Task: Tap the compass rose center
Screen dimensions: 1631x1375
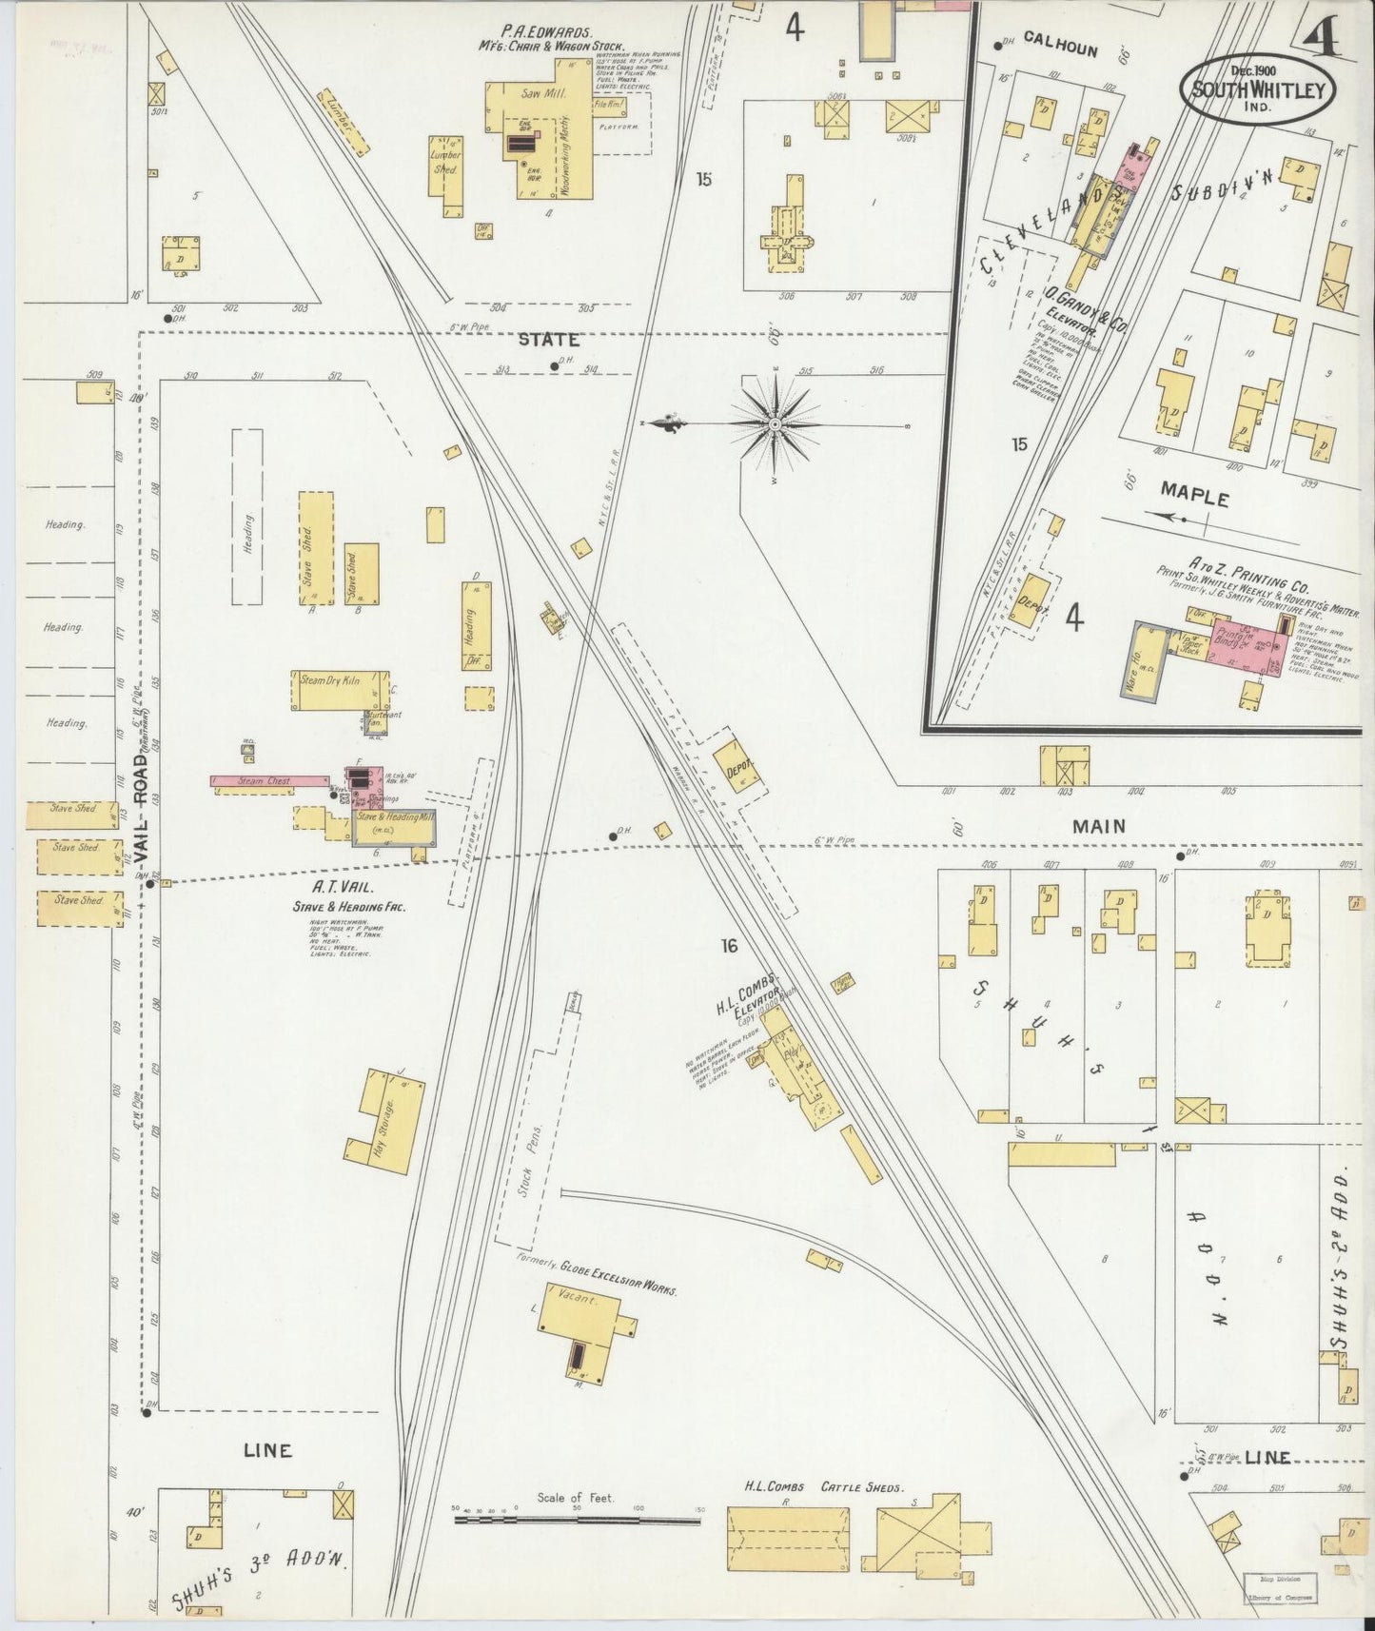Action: [776, 422]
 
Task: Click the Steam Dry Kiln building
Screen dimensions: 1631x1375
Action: [328, 689]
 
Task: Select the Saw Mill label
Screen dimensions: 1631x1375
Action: [538, 93]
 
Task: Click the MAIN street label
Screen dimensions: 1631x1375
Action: [1099, 826]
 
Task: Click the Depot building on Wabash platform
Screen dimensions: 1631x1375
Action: [738, 769]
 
